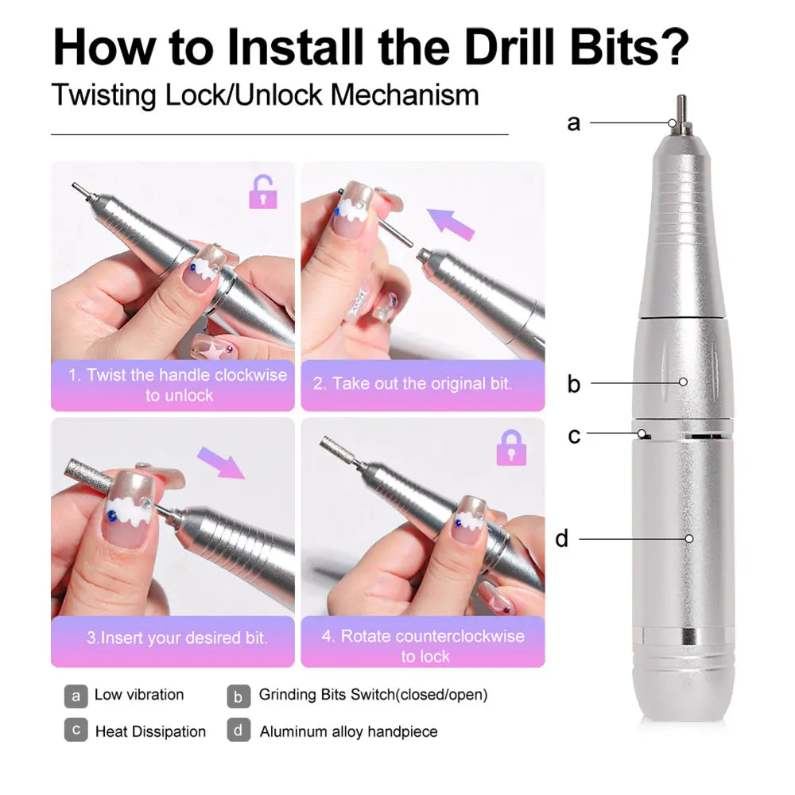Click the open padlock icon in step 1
pos(263,192)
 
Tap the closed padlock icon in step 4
pos(511,448)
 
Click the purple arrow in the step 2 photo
pos(451,223)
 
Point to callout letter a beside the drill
pos(573,123)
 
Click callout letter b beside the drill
pos(573,384)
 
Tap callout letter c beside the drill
pos(573,436)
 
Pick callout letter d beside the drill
pos(562,539)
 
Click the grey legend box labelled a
pos(76,696)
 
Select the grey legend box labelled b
pos(238,696)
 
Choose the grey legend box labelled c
pos(76,731)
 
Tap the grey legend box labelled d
pos(238,731)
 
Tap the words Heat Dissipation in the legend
pos(150,731)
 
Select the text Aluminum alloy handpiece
pos(348,731)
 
